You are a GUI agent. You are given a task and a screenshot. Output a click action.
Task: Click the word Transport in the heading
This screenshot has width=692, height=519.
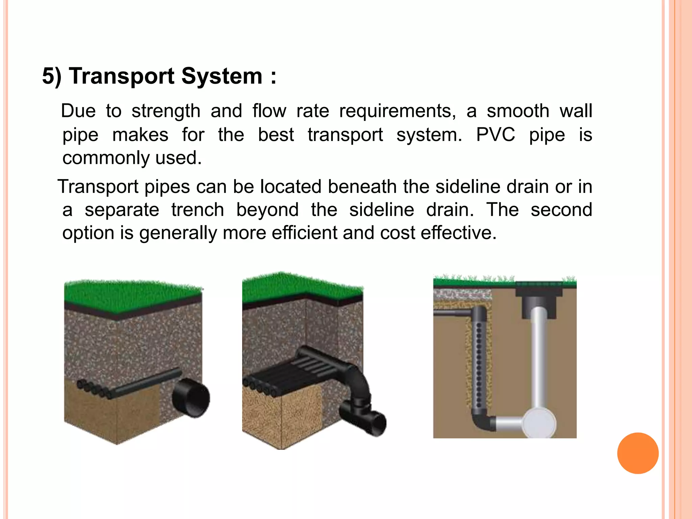coord(122,76)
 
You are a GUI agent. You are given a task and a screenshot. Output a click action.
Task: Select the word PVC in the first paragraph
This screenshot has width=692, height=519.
coord(495,135)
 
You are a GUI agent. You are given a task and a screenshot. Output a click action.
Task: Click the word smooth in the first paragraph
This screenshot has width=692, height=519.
coord(518,111)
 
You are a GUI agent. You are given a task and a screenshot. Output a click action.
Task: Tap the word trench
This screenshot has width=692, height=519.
coord(198,210)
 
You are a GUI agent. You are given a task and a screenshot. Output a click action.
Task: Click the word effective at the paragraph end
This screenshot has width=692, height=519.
coord(459,233)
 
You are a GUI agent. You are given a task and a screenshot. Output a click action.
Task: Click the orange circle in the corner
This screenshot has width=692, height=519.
coord(638,453)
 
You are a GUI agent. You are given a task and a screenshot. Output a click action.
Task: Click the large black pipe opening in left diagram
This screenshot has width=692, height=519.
coord(191,398)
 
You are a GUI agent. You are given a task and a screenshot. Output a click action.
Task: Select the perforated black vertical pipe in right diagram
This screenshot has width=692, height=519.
coord(479,362)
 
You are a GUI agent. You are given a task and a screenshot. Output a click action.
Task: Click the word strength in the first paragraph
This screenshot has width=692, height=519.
coord(166,111)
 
